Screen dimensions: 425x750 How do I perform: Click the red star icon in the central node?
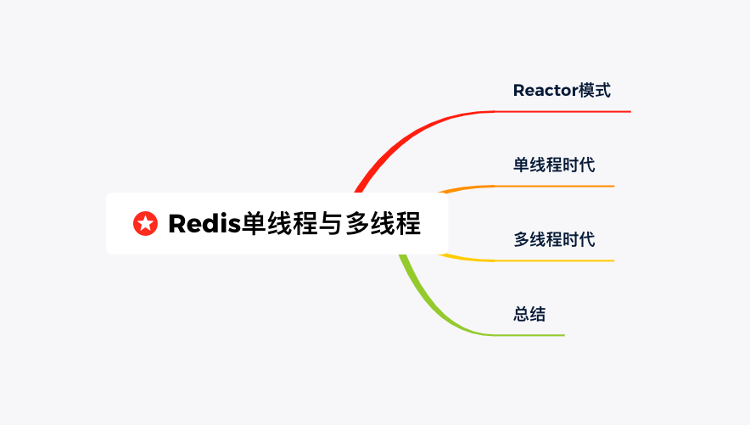pos(145,224)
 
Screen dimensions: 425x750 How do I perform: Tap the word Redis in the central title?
pos(204,224)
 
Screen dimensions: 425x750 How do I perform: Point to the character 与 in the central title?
pos(331,224)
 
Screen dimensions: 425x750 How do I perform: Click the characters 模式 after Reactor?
pos(595,91)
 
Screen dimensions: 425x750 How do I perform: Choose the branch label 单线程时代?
pos(554,165)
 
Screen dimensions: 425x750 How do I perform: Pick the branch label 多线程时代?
pos(554,239)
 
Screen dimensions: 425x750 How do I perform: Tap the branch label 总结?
pos(529,314)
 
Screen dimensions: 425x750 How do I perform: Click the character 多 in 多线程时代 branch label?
pos(522,239)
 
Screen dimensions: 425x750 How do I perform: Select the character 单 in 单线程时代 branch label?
pos(522,165)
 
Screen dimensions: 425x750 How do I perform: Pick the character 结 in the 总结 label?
pos(538,314)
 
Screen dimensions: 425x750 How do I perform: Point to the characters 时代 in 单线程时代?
pos(579,165)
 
